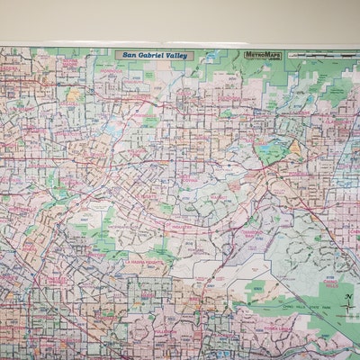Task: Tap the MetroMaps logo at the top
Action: [x=263, y=55]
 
